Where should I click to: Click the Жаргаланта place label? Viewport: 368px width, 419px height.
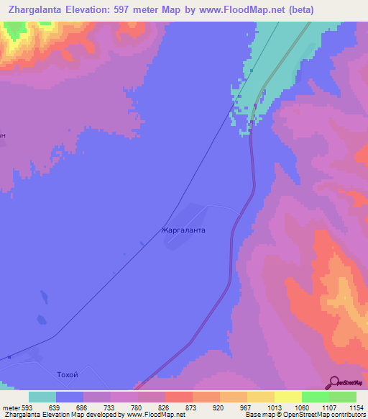pyautogui.click(x=183, y=231)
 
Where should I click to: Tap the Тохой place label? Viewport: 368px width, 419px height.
pyautogui.click(x=66, y=375)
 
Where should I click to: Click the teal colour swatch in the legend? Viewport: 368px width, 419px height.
pyautogui.click(x=42, y=397)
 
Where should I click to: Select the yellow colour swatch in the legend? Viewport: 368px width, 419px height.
pyautogui.click(x=287, y=397)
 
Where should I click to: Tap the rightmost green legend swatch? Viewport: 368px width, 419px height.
pyautogui.click(x=343, y=397)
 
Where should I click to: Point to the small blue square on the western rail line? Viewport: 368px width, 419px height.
pyautogui.click(x=9, y=356)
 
